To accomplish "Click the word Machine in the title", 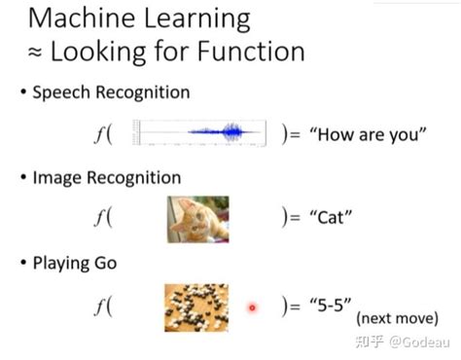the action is tap(82, 18).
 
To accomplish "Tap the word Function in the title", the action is tap(251, 52).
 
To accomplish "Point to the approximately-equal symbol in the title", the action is tap(35, 53).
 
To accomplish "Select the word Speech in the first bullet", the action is tap(61, 93).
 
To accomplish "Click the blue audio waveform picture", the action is tap(199, 132).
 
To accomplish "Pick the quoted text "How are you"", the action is tap(368, 134).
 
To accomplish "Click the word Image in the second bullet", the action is tap(56, 178).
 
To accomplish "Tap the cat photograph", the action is tap(198, 219).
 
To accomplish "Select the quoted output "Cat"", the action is tap(331, 217).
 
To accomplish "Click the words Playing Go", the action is tap(75, 263).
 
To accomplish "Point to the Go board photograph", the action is tap(196, 307).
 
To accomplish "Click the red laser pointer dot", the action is tap(252, 307).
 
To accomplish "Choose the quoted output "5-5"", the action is tap(331, 306).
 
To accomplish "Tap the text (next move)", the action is tap(397, 318).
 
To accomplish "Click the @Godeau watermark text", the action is tap(419, 342).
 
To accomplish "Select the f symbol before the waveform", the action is tap(99, 133).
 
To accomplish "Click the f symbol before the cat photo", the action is tap(99, 217).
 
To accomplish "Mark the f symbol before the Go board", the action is tap(99, 306).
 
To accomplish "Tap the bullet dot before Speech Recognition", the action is tap(23, 91).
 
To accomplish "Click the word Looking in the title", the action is tap(98, 53).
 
